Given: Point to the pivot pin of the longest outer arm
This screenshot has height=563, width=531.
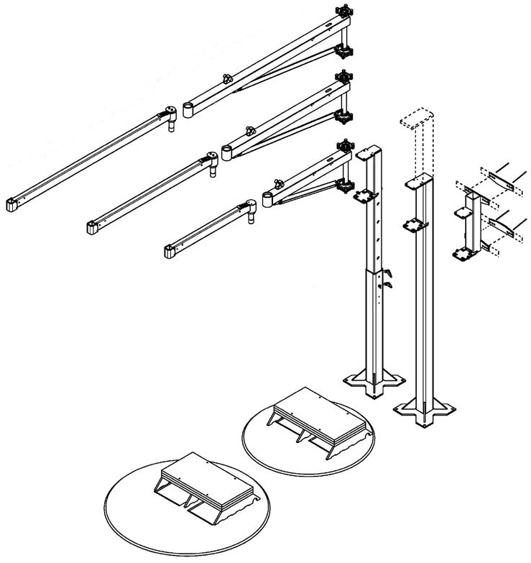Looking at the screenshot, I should tap(171, 125).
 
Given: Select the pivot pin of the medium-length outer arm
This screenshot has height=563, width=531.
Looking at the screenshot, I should tap(212, 171).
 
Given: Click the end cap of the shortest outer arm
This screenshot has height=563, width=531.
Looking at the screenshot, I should tap(171, 251).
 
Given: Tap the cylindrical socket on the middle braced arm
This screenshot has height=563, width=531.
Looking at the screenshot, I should tap(228, 152).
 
